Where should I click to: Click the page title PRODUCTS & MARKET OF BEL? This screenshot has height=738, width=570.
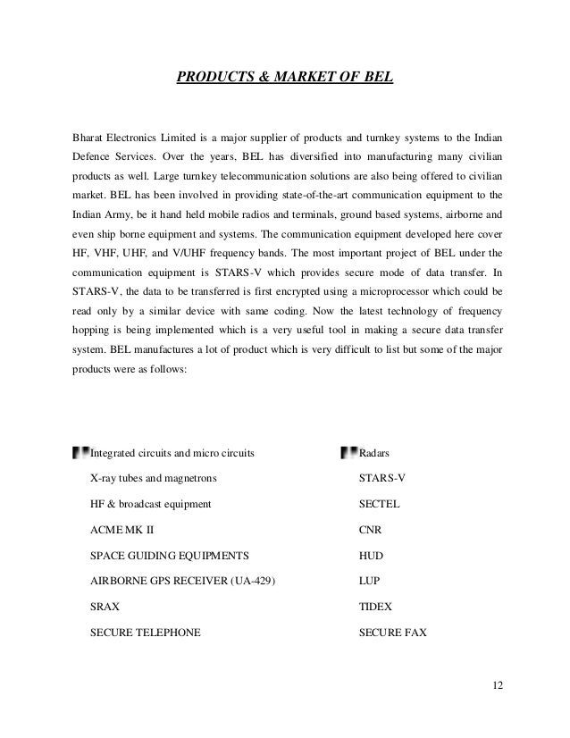point(284,78)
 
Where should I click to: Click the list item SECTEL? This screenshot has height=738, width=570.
point(379,503)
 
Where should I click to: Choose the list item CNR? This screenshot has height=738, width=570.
point(370,529)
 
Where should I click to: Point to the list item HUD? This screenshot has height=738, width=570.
point(371,555)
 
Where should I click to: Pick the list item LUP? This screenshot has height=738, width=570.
point(370,581)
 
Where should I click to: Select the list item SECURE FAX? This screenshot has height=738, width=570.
point(392,632)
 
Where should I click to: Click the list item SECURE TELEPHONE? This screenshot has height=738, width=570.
point(146,632)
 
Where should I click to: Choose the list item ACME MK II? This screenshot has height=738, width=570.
point(122,529)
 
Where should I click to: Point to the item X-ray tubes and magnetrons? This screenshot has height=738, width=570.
point(153,478)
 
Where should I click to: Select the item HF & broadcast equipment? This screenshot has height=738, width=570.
point(151,503)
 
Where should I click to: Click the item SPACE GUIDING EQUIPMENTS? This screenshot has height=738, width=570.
point(170,555)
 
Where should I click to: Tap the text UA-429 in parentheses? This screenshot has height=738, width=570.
point(251,581)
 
